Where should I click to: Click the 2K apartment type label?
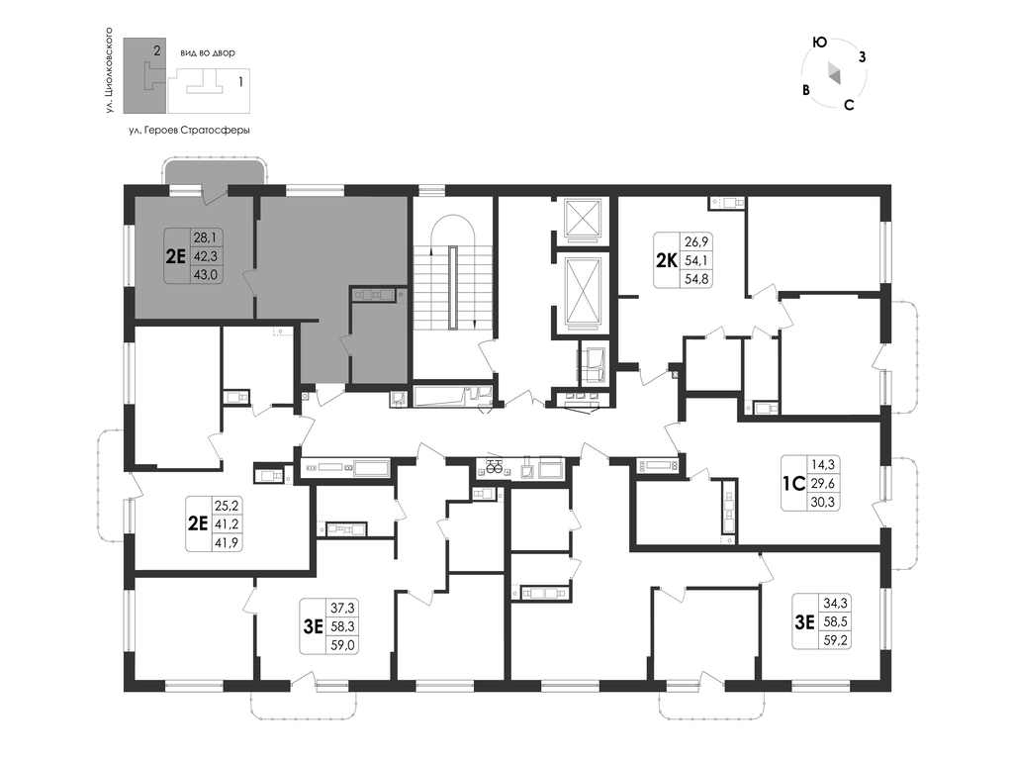point(666,260)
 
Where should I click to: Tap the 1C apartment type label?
point(792,483)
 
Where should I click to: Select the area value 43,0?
point(206,274)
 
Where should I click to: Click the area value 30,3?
point(822,502)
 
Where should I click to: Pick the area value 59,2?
point(835,641)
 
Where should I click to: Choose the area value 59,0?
point(343,644)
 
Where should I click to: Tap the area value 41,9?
point(227,543)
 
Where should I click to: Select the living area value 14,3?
point(822,464)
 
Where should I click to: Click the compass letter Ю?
point(819,43)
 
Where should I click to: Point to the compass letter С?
point(849,105)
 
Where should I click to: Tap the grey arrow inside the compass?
point(834,73)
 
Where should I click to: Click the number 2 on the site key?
point(157,49)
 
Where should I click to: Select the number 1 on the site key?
point(241,82)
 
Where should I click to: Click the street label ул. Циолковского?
point(110,71)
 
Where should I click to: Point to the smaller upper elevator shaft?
point(583,218)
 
